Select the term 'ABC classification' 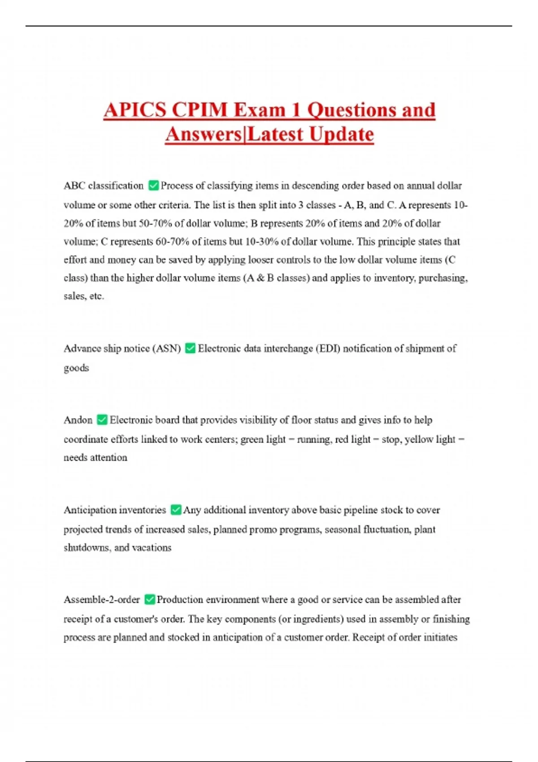pos(104,186)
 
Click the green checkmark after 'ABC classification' pos(153,186)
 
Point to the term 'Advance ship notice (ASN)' pos(122,348)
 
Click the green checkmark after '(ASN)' pos(190,348)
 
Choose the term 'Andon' pos(78,420)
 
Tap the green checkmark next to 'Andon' pos(102,420)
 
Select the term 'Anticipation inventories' pos(115,510)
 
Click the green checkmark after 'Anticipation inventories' pos(176,510)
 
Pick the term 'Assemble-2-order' pos(102,599)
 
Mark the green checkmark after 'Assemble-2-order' pos(150,599)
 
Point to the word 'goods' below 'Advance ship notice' pos(76,368)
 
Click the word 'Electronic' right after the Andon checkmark pos(131,420)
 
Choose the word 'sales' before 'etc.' pos(74,296)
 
